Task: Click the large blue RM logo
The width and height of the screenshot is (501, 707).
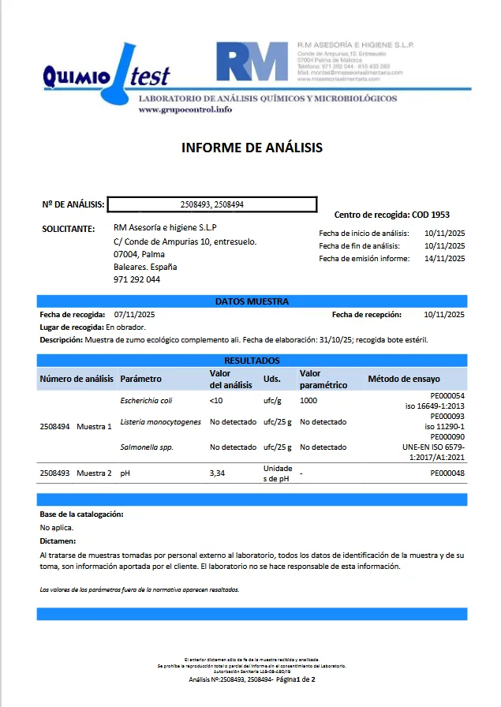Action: (252, 62)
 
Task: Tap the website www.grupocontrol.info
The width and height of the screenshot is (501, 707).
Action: (185, 110)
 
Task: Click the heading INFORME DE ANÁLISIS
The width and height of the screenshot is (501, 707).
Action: (252, 148)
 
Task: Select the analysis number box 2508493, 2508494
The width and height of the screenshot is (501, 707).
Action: (211, 204)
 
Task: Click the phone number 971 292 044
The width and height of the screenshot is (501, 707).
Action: (136, 279)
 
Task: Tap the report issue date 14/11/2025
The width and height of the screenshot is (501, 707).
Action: (444, 258)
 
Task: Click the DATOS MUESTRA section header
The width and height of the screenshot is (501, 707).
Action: (252, 301)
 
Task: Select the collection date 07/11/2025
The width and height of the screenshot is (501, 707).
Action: (134, 314)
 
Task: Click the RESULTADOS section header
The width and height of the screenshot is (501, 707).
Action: (252, 361)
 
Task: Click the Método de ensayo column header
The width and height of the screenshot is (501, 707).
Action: (404, 379)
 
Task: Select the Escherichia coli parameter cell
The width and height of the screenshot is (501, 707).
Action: (146, 401)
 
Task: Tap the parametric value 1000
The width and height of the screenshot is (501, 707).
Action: (308, 401)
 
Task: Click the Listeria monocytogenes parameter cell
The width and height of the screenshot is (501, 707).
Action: (160, 422)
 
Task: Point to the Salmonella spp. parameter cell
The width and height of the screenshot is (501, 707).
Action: (147, 447)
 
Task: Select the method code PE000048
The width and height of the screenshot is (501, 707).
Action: (447, 474)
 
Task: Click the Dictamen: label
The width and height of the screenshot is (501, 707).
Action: (58, 541)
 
